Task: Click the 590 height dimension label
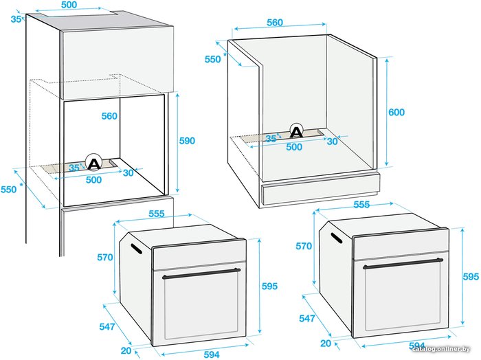pyautogui.click(x=187, y=141)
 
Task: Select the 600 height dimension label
pyautogui.click(x=396, y=112)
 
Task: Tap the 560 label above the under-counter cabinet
pyautogui.click(x=275, y=23)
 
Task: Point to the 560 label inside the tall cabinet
pyautogui.click(x=109, y=116)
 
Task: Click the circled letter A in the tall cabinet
pyautogui.click(x=94, y=162)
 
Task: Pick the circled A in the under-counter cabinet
pyautogui.click(x=296, y=131)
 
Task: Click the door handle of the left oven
pyautogui.click(x=201, y=273)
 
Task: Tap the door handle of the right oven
pyautogui.click(x=403, y=264)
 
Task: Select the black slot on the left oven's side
pyautogui.click(x=136, y=249)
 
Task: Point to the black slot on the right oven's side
pyautogui.click(x=337, y=238)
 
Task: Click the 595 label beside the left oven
pyautogui.click(x=269, y=286)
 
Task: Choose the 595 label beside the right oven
pyautogui.click(x=471, y=276)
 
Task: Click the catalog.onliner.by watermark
pyautogui.click(x=441, y=349)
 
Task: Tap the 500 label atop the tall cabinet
pyautogui.click(x=69, y=5)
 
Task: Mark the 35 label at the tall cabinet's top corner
pyautogui.click(x=16, y=19)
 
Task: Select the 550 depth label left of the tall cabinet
pyautogui.click(x=8, y=190)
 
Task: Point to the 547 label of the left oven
pyautogui.click(x=107, y=326)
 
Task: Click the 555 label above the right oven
pyautogui.click(x=361, y=205)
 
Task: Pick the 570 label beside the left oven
pyautogui.click(x=105, y=257)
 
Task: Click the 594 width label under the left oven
pyautogui.click(x=212, y=355)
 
